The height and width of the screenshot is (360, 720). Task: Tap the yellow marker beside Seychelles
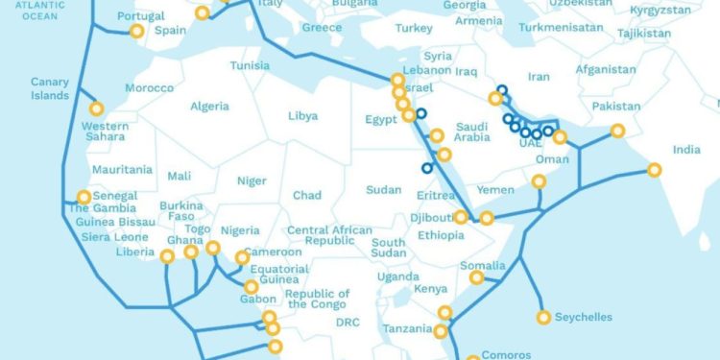click(x=544, y=317)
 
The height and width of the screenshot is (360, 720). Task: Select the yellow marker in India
click(x=655, y=170)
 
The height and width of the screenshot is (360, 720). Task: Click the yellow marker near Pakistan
click(x=618, y=131)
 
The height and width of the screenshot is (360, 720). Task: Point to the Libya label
click(x=302, y=116)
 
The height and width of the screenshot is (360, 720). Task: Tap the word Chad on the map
click(x=307, y=196)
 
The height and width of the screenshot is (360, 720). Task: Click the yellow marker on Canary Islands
click(x=96, y=108)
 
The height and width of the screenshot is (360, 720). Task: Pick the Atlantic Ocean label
click(x=33, y=12)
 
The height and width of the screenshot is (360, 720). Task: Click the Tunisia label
click(x=250, y=65)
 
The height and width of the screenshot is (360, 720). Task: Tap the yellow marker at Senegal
click(x=84, y=198)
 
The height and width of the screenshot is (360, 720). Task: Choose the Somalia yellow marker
click(x=476, y=277)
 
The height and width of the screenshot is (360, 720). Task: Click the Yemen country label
click(x=496, y=190)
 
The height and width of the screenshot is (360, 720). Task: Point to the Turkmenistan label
click(x=558, y=28)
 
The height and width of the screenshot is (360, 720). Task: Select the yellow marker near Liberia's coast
click(x=167, y=256)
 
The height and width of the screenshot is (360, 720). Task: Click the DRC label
click(x=348, y=323)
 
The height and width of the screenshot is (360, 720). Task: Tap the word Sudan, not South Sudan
click(x=384, y=189)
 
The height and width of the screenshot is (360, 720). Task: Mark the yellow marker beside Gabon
click(x=251, y=287)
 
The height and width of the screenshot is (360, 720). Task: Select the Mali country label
click(x=179, y=176)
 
